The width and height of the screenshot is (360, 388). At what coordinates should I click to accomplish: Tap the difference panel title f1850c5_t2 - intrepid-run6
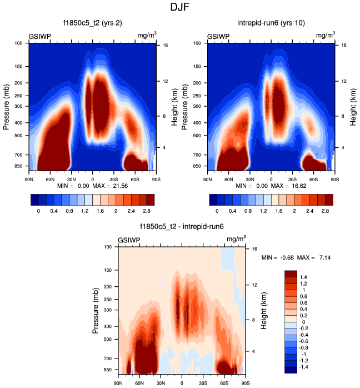pos(182,227)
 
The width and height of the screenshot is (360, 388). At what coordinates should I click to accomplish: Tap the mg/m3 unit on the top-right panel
pos(326,35)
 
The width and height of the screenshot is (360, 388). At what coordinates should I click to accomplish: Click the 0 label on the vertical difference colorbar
pos(305,321)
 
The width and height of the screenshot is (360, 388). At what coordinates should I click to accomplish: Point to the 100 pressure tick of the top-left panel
pos(18,43)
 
